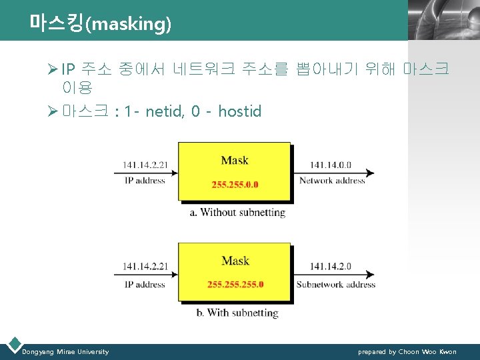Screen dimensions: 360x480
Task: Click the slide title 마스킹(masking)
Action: pos(101,24)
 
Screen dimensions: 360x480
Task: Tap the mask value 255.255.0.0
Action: pos(235,185)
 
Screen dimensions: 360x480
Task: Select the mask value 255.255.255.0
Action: pos(235,285)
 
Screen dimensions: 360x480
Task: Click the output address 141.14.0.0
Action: pos(332,164)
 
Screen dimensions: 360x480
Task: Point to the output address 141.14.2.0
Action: pos(332,267)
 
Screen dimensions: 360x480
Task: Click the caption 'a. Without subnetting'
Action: pos(237,213)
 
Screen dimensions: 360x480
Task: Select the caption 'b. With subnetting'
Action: pos(237,313)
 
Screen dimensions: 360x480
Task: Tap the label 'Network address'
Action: pos(332,181)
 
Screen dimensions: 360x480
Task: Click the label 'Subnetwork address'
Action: pos(336,285)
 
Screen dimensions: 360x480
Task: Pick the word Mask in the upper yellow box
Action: pos(235,160)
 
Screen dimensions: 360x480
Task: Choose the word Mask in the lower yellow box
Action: pos(235,261)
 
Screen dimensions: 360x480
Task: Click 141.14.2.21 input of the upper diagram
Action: pos(144,164)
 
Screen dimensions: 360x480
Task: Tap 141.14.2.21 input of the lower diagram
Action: pos(144,267)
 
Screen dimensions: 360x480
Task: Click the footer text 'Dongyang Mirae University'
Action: pos(65,351)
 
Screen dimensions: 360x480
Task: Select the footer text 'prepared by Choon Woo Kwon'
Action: pos(407,351)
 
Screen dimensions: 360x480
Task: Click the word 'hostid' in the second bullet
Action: pos(240,111)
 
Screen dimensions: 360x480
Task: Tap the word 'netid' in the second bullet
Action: pos(163,111)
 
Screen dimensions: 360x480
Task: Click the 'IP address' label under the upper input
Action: pos(144,181)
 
